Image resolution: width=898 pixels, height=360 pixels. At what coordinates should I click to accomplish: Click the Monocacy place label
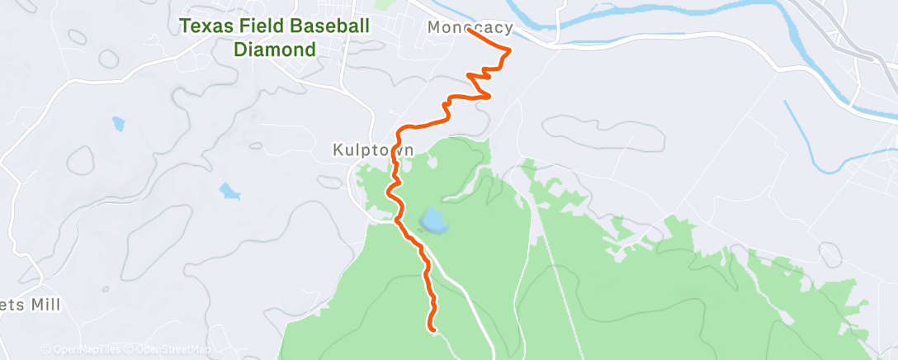[x=470, y=28]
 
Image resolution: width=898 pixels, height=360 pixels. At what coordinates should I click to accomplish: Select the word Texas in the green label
[x=202, y=26]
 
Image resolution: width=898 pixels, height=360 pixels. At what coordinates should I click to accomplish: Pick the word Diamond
[x=275, y=50]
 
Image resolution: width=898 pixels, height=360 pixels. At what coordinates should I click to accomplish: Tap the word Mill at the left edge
[x=43, y=305]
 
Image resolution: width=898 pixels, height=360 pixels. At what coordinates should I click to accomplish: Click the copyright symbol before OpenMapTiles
[x=46, y=349]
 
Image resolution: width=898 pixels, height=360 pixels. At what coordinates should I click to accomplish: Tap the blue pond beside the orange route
[x=432, y=220]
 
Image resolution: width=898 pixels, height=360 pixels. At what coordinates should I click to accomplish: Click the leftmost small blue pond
[x=118, y=125]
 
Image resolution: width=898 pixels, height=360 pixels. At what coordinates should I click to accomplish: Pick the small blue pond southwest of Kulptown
[x=228, y=192]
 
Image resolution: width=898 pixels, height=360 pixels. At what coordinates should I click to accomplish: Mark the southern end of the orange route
[x=432, y=329]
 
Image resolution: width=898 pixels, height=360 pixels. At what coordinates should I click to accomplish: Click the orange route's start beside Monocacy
[x=470, y=32]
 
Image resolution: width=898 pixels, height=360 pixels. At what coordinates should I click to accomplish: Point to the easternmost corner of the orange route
[x=509, y=51]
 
